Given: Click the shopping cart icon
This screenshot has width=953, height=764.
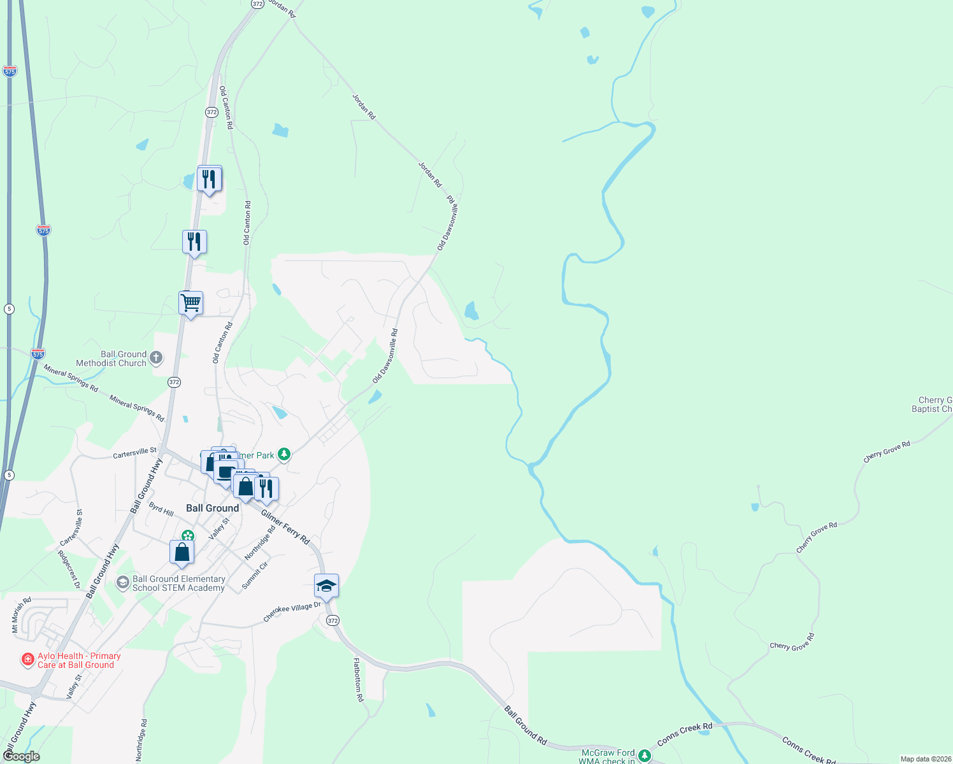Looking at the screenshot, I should (x=190, y=303).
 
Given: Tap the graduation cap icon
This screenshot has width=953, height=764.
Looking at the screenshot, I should (x=326, y=586).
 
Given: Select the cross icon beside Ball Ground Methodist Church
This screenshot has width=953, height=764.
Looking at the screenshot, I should (x=156, y=358).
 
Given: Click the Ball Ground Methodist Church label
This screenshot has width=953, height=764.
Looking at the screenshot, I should (x=112, y=358).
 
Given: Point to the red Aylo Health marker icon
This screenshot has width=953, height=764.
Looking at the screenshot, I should (x=27, y=660).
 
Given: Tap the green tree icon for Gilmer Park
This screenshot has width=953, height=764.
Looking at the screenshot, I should (x=284, y=454).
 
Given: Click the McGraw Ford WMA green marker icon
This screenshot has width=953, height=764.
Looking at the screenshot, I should (x=645, y=756).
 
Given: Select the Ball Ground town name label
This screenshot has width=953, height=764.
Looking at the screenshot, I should (x=212, y=508).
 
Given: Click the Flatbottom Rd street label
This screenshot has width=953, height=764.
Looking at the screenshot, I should (x=358, y=680).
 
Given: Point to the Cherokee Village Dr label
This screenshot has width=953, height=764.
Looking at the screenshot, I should (x=292, y=612).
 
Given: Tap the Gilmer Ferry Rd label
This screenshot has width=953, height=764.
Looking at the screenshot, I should (x=285, y=526).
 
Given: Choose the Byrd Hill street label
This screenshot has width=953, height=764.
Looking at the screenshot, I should (x=161, y=509).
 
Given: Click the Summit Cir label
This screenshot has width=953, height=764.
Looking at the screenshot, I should (x=255, y=575).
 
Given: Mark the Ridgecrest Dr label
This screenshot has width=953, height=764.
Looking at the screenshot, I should (x=69, y=569).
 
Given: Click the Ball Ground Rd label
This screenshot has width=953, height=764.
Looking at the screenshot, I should (x=526, y=725).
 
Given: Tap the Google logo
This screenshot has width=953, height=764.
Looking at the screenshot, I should (x=22, y=756).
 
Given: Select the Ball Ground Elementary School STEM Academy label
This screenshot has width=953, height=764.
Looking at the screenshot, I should (x=178, y=583).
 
